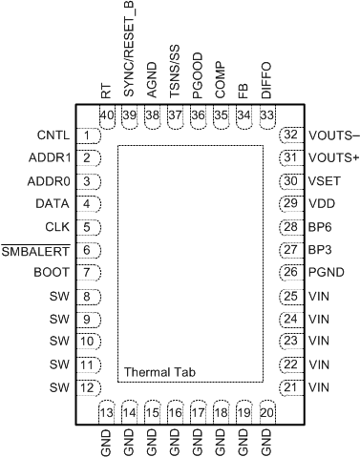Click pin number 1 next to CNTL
(x=87, y=135)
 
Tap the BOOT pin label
(x=50, y=273)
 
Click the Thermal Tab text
(x=159, y=370)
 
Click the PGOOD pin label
(x=198, y=76)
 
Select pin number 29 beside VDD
(x=289, y=202)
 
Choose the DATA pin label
(x=49, y=203)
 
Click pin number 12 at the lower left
(x=87, y=386)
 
